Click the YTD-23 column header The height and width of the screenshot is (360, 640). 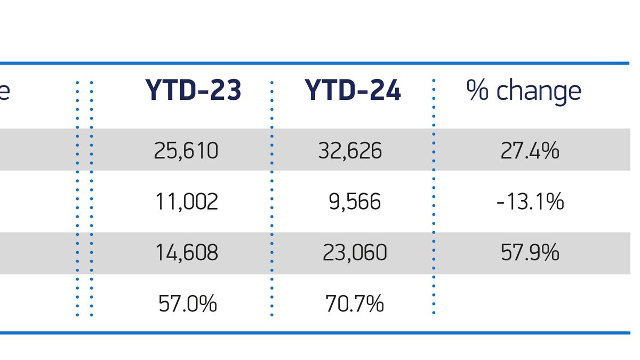pos(193,91)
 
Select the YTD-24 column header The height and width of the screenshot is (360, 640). pos(353,91)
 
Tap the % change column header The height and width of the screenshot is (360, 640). pos(524,91)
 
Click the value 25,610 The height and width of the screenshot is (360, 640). pos(186,151)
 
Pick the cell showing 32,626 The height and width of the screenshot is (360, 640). pos(350,151)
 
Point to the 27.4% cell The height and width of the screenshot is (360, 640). pos(530,151)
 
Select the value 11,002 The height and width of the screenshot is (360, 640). pos(187,202)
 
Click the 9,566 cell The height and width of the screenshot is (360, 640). pos(354,202)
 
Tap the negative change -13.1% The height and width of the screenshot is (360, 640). pos(530,202)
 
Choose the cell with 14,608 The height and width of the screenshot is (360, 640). pos(187,252)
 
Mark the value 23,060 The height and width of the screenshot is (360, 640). pos(355,252)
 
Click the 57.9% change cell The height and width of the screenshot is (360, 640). pos(530,252)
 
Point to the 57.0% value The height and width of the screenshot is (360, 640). pos(188,304)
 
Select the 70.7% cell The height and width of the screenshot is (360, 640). pos(355,304)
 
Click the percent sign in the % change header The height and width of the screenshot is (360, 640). pos(478,91)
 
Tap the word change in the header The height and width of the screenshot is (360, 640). pos(539,92)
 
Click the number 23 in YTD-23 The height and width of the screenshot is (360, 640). pos(225,91)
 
